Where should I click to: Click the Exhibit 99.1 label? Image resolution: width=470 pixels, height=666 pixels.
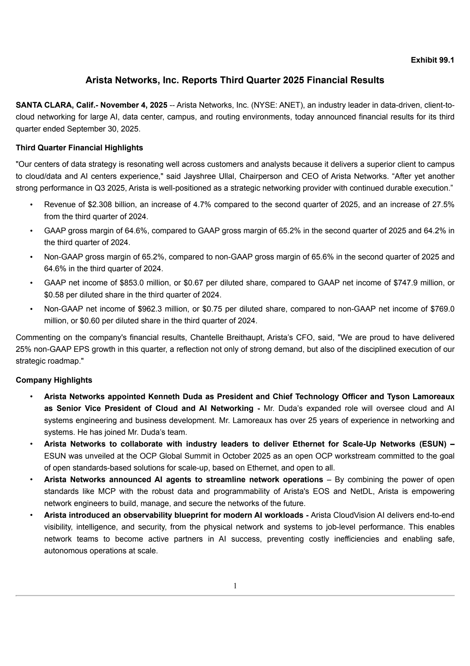click(432, 60)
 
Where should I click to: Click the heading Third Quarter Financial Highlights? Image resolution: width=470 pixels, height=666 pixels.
click(79, 148)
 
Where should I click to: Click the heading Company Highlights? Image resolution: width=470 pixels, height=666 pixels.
click(54, 380)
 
